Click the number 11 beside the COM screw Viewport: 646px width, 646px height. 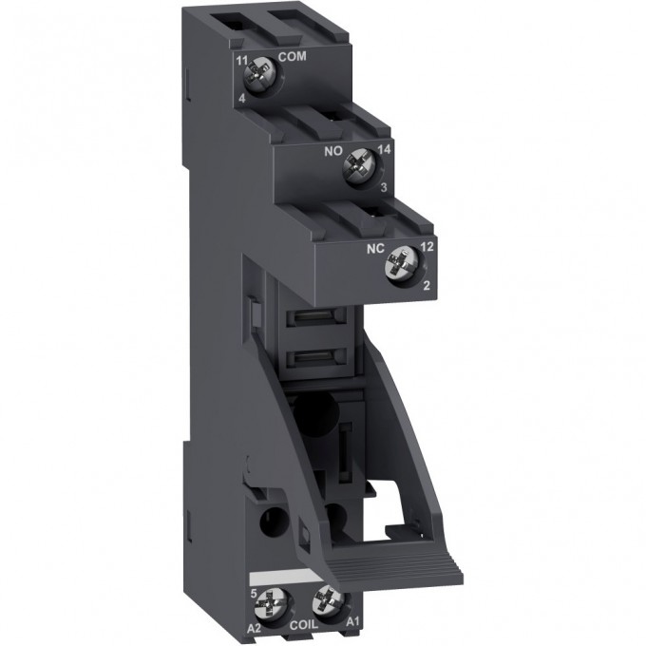tap(242, 60)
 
